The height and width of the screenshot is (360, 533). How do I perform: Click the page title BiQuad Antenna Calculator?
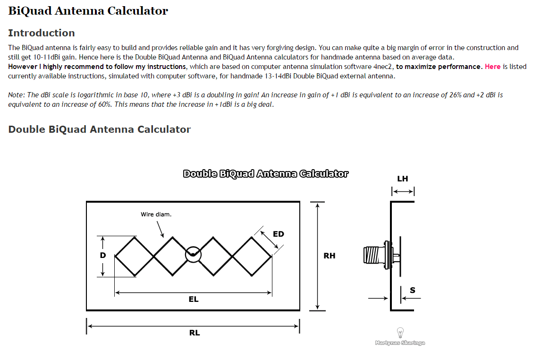(88, 11)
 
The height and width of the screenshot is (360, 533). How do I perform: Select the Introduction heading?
(42, 33)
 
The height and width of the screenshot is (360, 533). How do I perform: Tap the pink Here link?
(492, 67)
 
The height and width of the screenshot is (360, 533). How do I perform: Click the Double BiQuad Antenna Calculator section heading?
(99, 129)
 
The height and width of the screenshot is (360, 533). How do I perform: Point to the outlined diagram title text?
(265, 174)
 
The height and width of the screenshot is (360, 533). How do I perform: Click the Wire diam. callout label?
(156, 214)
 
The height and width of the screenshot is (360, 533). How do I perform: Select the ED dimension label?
(279, 234)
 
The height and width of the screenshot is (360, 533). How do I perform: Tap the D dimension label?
(103, 255)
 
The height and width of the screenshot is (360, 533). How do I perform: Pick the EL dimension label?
(194, 299)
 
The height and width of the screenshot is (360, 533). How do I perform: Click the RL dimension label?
(195, 333)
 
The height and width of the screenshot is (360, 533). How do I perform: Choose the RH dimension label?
(330, 256)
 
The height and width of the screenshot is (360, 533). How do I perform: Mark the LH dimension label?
(403, 179)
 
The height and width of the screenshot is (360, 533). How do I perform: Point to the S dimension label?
(413, 290)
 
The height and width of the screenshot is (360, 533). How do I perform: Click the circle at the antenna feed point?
(193, 255)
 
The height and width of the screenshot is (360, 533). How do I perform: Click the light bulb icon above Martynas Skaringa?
(400, 332)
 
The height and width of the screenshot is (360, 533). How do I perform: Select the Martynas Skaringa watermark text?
(400, 343)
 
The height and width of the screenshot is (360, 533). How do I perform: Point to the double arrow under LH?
(403, 191)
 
